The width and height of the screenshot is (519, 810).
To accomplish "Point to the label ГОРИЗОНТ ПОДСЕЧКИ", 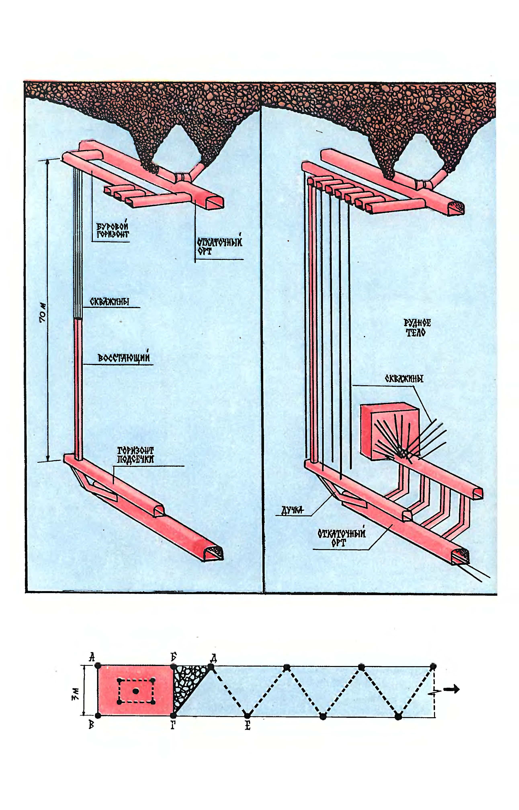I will pos(135,455).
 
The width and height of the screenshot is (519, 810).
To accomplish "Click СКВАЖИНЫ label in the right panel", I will pos(404,379).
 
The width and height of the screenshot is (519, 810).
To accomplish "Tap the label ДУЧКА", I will pos(292,511).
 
